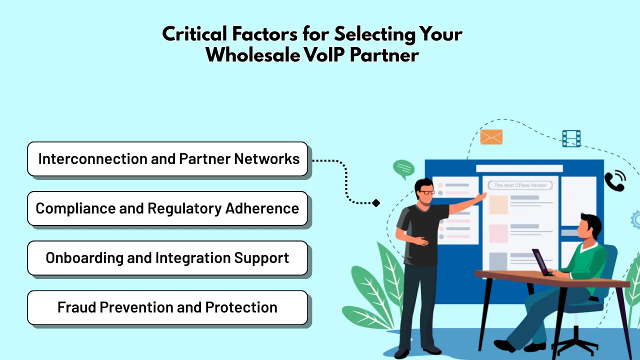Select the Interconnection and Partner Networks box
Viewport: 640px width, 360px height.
click(167, 159)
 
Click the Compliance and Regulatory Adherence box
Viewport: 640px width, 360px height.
click(167, 208)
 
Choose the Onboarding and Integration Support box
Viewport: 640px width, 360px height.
click(167, 258)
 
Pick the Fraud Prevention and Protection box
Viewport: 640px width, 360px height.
click(167, 307)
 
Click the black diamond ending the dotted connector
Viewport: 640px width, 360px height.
click(376, 202)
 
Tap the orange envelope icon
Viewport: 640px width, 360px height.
click(491, 137)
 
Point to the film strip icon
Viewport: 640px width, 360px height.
click(571, 138)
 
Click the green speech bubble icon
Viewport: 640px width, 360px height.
click(403, 169)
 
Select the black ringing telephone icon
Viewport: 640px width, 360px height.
click(614, 181)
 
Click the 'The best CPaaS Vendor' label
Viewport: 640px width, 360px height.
click(520, 185)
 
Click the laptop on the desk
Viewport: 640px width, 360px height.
click(541, 262)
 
